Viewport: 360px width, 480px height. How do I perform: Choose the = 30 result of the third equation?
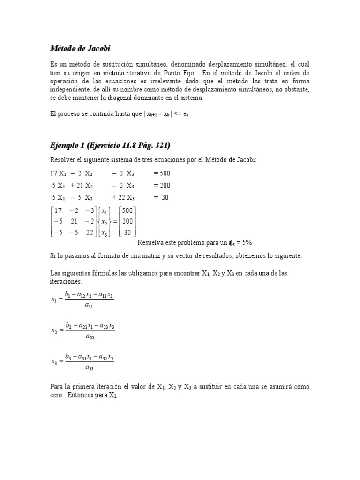tap(161, 197)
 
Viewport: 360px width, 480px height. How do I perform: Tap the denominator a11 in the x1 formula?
tap(88, 305)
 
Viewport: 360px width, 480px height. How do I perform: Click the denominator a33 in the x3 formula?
tap(89, 367)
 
